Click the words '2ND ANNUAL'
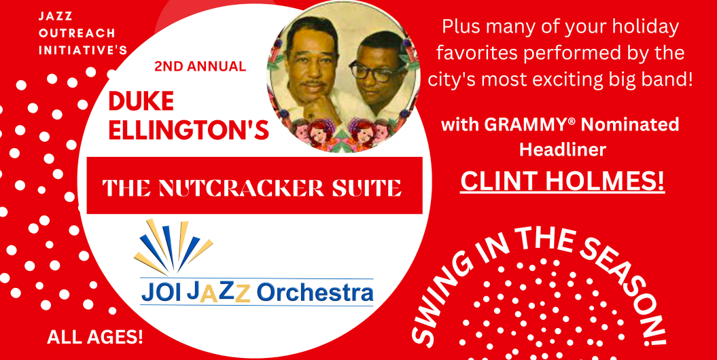(200, 67)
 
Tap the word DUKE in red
(141, 102)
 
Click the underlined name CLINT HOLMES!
(563, 181)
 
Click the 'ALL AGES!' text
(95, 338)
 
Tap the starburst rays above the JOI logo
(173, 247)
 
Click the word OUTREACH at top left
(77, 33)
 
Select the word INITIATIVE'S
(83, 50)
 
